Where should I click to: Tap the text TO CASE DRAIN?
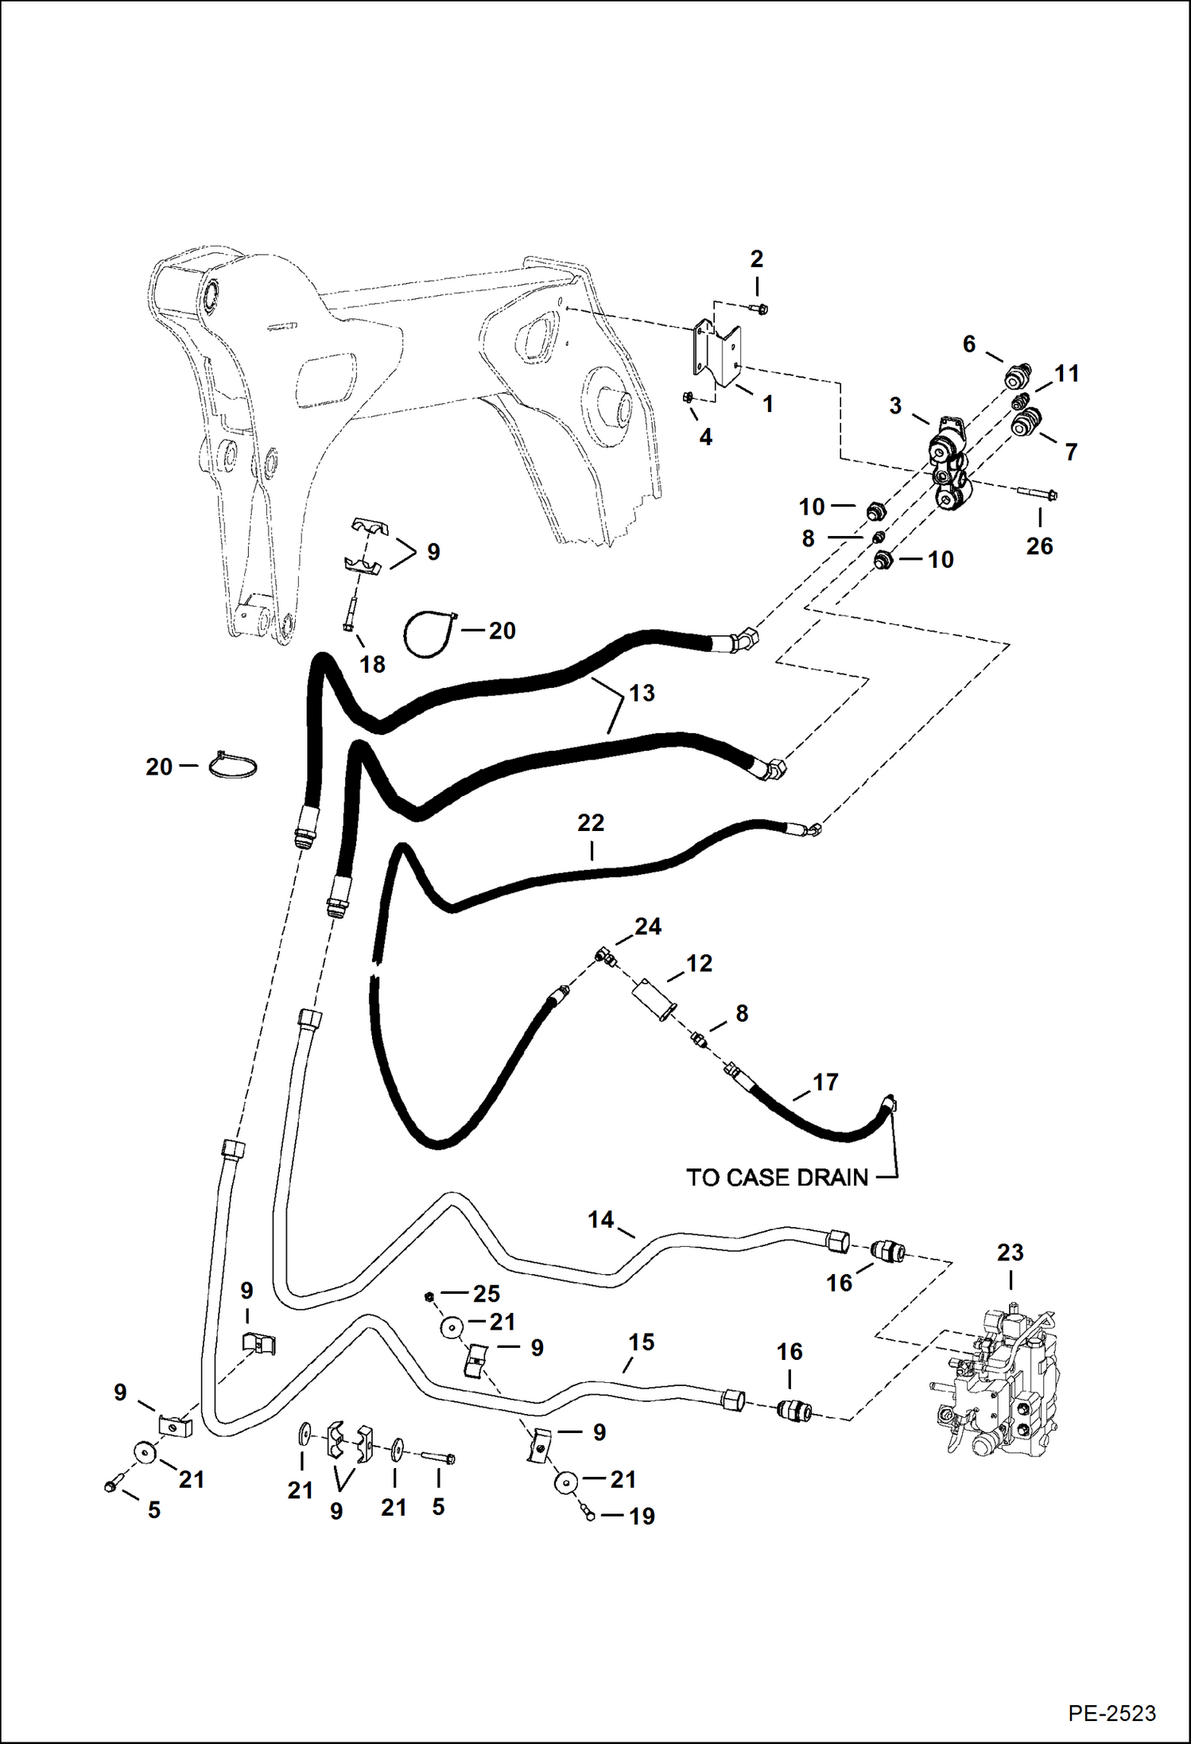[x=777, y=1177]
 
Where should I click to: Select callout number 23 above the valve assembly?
[x=1010, y=1253]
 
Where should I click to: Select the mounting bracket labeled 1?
[x=715, y=355]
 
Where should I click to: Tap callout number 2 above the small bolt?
[x=756, y=258]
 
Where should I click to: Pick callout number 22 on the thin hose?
[x=591, y=822]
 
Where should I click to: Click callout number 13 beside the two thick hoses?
[x=641, y=693]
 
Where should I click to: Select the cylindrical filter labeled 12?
[x=654, y=999]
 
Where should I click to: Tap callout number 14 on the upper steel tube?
[x=600, y=1219]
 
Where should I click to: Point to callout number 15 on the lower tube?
[x=641, y=1342]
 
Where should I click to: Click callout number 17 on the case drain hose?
[x=825, y=1082]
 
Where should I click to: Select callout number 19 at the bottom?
[x=642, y=1516]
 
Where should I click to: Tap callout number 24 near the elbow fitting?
[x=648, y=926]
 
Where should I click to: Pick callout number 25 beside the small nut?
[x=486, y=1293]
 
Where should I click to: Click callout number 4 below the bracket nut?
[x=705, y=437]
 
